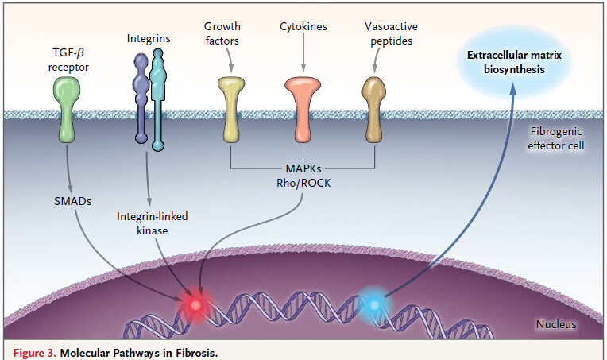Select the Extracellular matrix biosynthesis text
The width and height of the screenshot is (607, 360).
515,63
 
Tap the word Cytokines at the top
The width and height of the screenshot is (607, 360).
303,27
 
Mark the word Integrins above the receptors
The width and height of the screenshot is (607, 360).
149,38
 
